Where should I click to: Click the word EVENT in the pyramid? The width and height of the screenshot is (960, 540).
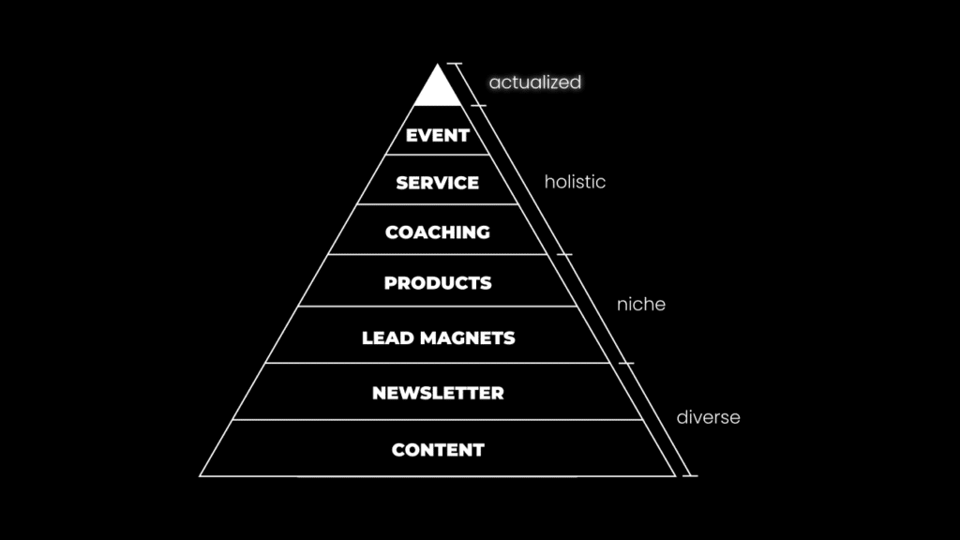pos(438,136)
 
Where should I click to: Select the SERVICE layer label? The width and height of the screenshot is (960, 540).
pos(438,183)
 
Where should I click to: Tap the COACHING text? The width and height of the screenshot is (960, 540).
pos(438,232)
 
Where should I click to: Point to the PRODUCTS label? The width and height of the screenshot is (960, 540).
pos(438,283)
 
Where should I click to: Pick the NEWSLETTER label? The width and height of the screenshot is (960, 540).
pos(438,394)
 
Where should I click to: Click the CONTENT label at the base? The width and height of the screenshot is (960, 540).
pos(438,450)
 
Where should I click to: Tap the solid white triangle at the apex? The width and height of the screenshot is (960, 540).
pos(438,89)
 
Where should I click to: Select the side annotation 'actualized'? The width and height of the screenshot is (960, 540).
pos(535,82)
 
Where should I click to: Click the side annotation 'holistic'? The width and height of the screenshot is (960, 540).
pos(575,182)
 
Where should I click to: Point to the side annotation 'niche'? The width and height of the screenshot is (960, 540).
pos(641,305)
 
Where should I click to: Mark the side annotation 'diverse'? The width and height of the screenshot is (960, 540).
pos(708,417)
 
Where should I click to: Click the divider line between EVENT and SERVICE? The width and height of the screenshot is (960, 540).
pos(438,155)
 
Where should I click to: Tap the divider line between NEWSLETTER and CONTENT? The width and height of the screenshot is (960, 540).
pos(438,420)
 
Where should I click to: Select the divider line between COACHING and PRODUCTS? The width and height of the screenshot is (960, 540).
pos(438,254)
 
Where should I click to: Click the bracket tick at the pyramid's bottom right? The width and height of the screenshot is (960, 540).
pos(690,475)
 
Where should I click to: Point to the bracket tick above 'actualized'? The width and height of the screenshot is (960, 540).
pos(455,64)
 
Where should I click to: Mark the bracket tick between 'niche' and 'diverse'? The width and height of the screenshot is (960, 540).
pos(625,363)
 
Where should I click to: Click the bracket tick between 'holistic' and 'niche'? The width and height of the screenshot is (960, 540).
pos(564,253)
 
